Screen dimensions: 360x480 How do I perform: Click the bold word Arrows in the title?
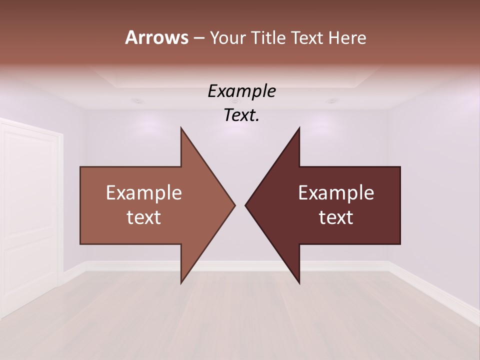click(x=156, y=37)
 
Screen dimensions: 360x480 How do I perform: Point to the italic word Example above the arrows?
click(x=241, y=91)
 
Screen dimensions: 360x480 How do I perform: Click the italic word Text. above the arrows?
click(x=241, y=115)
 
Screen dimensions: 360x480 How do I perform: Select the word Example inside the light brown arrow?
click(x=143, y=193)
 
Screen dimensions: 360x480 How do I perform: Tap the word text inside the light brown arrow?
click(x=143, y=217)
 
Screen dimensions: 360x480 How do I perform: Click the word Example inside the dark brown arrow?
click(x=336, y=193)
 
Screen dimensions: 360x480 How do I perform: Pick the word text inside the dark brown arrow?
click(x=336, y=217)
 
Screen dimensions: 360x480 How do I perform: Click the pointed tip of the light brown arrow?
click(x=234, y=205)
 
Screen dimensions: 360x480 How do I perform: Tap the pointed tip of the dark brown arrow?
click(x=246, y=205)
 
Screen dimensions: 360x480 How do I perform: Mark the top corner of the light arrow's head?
click(x=181, y=128)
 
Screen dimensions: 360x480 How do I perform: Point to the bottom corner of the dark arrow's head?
click(x=299, y=282)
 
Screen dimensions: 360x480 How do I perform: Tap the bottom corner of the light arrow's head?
click(x=181, y=282)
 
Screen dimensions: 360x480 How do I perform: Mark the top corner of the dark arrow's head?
click(x=299, y=128)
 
